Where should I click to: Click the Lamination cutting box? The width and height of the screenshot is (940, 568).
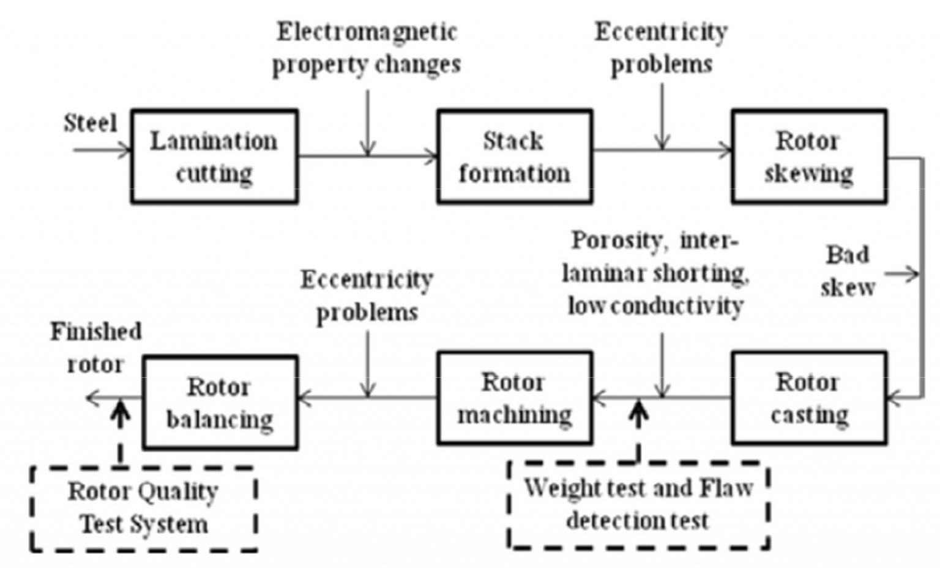click(214, 157)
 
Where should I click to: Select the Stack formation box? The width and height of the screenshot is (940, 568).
click(514, 157)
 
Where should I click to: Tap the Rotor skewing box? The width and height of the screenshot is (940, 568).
click(808, 157)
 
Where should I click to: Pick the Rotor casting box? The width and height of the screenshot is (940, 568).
click(808, 398)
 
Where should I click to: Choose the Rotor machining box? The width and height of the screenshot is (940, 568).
click(514, 398)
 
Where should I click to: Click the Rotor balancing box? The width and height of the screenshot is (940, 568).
click(220, 402)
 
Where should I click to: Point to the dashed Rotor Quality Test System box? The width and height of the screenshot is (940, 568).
click(143, 509)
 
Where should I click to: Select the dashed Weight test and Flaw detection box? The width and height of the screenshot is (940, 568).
click(638, 505)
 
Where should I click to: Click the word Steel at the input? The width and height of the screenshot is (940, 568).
click(90, 123)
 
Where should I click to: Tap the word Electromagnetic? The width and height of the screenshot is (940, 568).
click(367, 32)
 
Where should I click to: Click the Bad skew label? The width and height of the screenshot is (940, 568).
click(848, 271)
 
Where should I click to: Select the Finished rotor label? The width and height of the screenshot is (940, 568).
click(95, 348)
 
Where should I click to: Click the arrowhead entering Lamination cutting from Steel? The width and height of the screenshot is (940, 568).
click(125, 150)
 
